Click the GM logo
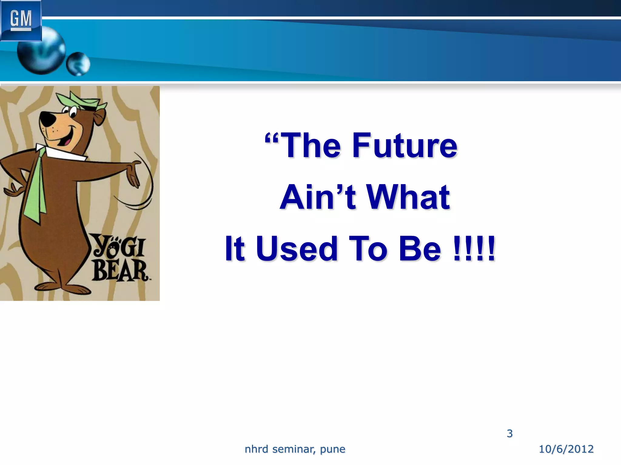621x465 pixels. (21, 20)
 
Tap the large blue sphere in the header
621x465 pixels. (41, 51)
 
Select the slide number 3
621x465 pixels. (510, 434)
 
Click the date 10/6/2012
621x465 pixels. (566, 449)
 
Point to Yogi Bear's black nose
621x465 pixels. (47, 119)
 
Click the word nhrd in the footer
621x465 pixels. (257, 449)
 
